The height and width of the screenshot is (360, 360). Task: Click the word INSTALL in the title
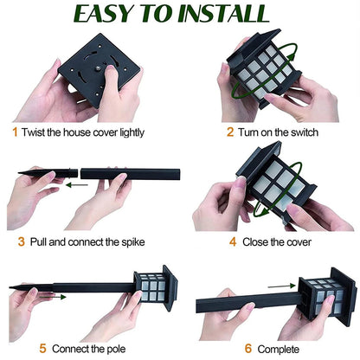pos(222,15)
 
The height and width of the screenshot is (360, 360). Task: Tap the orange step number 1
pos(15,132)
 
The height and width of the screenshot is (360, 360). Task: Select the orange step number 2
pos(230,132)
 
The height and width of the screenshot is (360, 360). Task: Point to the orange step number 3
pos(21,241)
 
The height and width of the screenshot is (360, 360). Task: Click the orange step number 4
pos(232,241)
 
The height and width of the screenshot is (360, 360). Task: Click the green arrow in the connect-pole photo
pos(53,295)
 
